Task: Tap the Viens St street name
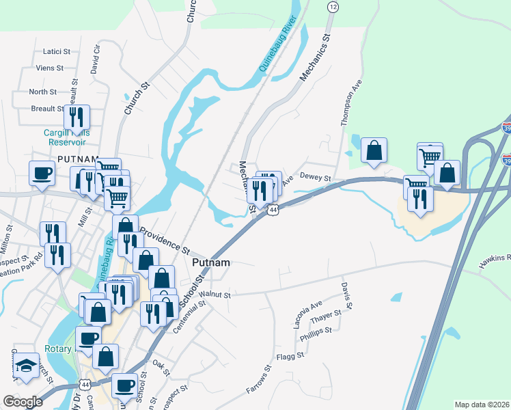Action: (51, 68)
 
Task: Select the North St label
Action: (42, 92)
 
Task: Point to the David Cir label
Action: (96, 59)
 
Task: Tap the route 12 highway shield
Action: (333, 6)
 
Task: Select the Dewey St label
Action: (315, 179)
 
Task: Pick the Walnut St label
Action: (216, 295)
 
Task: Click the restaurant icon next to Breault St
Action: (77, 116)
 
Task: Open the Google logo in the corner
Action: (23, 402)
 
